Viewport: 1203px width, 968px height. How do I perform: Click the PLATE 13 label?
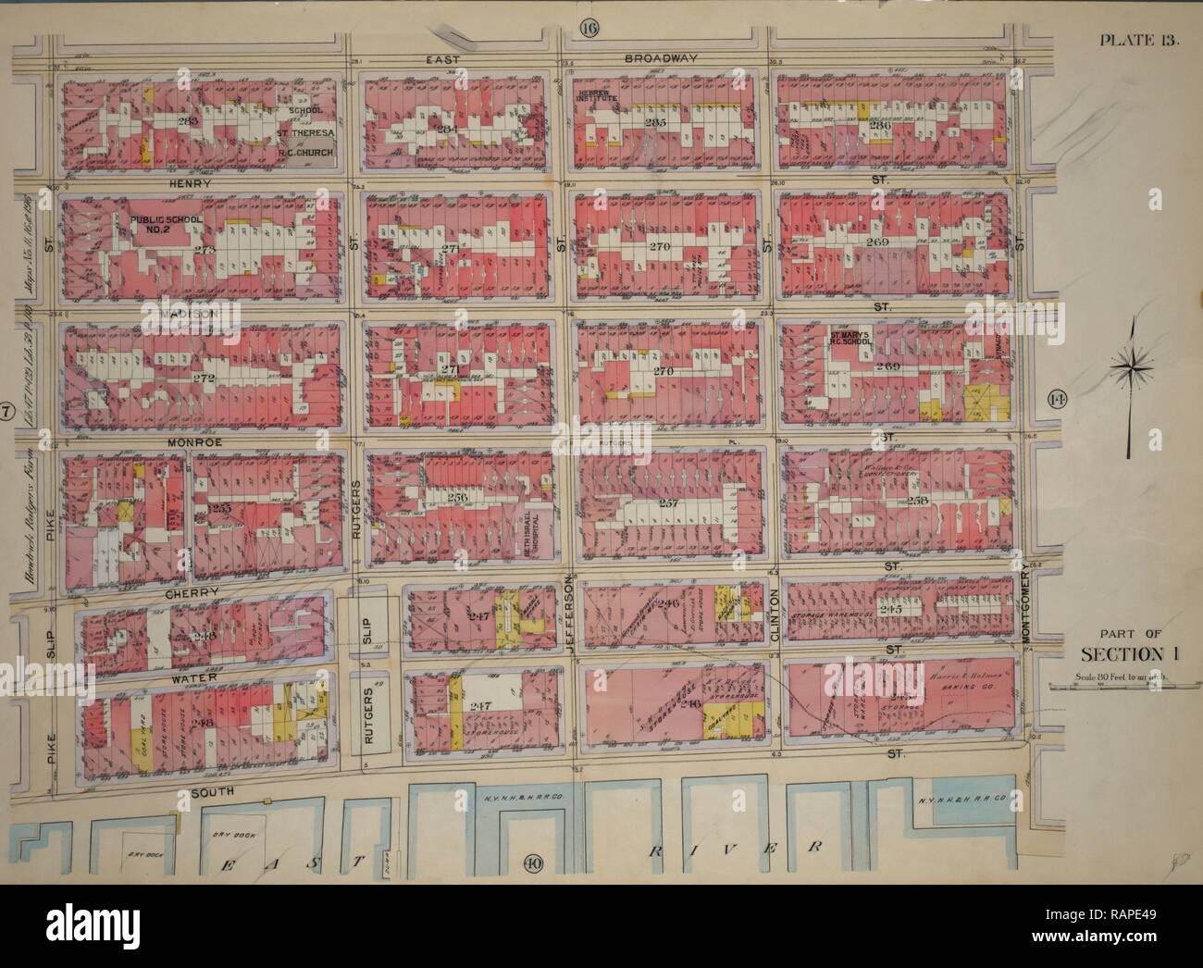pyautogui.click(x=1135, y=39)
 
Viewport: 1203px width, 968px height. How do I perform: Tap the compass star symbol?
pyautogui.click(x=1129, y=367)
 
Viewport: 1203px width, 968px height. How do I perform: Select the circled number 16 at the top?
pyautogui.click(x=589, y=27)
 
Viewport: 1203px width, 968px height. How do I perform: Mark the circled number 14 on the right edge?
pyautogui.click(x=1057, y=399)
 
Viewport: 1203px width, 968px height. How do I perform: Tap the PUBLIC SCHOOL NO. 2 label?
pyautogui.click(x=167, y=223)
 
